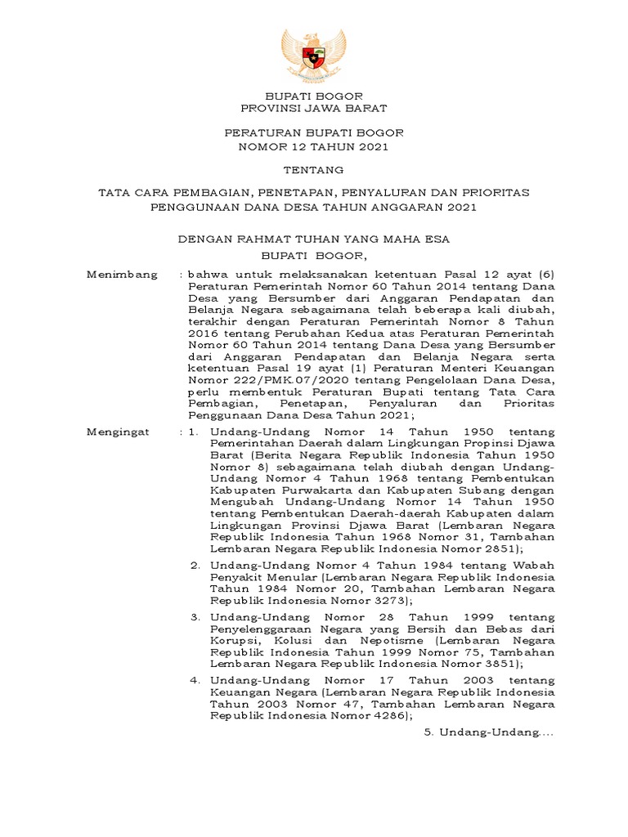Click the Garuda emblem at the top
(x=314, y=55)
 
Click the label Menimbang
(x=122, y=275)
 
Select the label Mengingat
(x=119, y=431)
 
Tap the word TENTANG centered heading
(x=314, y=169)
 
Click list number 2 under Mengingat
(x=195, y=565)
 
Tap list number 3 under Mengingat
(x=195, y=615)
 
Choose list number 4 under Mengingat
(x=195, y=679)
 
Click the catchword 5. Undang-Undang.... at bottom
(x=489, y=735)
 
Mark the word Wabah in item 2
(x=535, y=565)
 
